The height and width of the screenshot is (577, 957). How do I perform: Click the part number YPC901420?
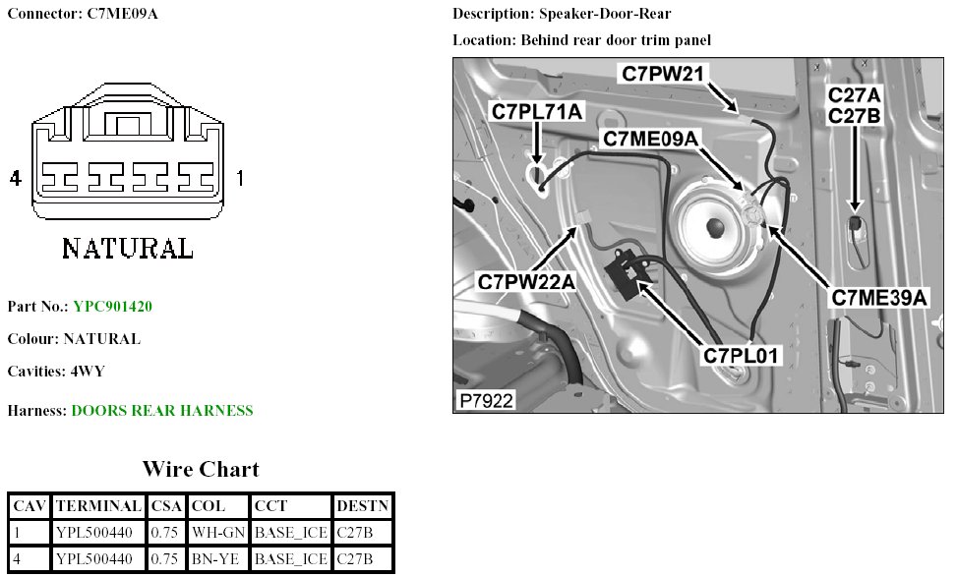[x=112, y=307]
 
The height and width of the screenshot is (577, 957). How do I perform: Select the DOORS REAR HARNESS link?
[x=162, y=411]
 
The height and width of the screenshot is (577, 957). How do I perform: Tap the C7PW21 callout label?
[x=660, y=74]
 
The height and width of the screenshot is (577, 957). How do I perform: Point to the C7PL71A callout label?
[x=537, y=111]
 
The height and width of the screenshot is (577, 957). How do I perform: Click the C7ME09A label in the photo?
[x=650, y=140]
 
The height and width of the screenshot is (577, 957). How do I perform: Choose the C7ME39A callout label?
[x=879, y=297]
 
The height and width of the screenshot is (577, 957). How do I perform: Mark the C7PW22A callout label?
[x=526, y=282]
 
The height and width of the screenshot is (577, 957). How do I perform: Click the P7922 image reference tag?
[x=486, y=400]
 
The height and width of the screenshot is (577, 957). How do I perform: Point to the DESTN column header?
[x=362, y=506]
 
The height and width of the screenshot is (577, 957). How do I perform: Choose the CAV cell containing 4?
[x=29, y=559]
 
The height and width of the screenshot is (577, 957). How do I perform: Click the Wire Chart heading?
[x=201, y=468]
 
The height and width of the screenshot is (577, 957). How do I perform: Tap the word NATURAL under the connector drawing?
[x=128, y=248]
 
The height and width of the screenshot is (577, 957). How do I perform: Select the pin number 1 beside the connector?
[x=240, y=178]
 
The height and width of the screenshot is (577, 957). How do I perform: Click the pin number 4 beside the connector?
[x=15, y=178]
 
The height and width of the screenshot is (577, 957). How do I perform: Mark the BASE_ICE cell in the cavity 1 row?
[x=290, y=533]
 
